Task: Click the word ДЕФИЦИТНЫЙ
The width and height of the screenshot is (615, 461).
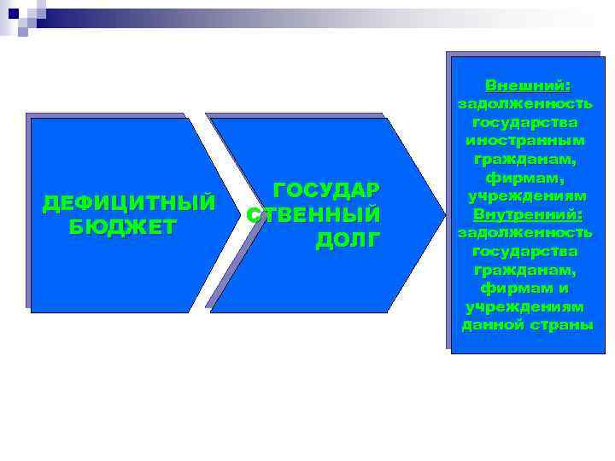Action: pos(129,204)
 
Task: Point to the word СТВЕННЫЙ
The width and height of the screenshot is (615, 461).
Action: pos(313,214)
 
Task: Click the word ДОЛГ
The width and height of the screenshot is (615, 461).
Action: pos(346,240)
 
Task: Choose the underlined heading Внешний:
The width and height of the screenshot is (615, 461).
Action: pos(527,85)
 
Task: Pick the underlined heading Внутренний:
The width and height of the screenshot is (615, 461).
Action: pos(527,213)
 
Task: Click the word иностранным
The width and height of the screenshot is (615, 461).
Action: pos(526,141)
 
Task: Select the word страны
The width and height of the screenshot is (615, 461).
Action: pos(560,325)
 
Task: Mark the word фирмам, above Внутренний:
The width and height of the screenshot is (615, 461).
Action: pos(526,178)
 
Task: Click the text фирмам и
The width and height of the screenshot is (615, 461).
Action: pos(526,289)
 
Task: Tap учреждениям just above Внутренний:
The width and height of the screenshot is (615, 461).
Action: pos(526,195)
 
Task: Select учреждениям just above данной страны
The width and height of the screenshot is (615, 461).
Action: pos(526,306)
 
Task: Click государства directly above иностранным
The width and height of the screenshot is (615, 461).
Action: pos(526,123)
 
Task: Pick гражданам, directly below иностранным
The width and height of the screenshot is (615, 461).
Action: pos(526,160)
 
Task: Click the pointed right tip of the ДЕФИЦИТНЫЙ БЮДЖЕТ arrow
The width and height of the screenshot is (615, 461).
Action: pos(239,213)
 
